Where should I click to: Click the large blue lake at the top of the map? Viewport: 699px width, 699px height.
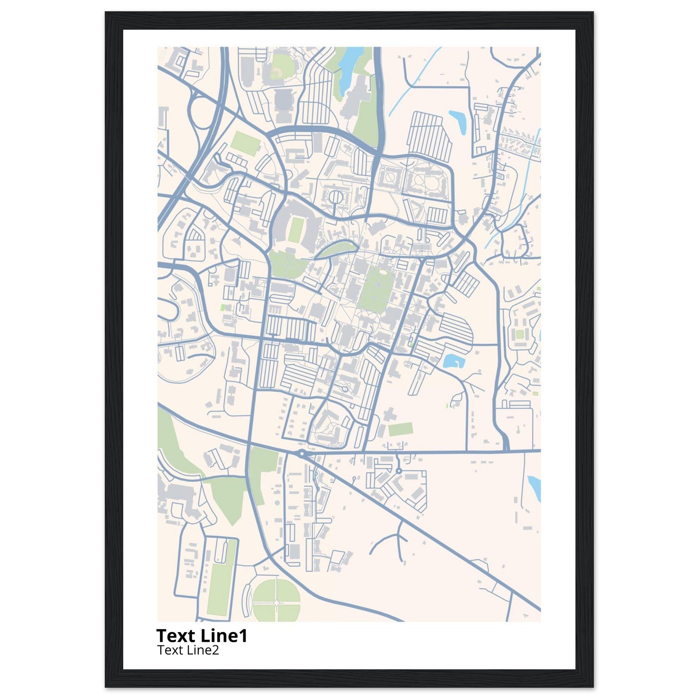pos(347,65)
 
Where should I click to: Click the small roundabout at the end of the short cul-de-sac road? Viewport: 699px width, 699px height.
pos(399,471)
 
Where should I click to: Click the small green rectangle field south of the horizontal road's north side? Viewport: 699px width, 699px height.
pos(400,429)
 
